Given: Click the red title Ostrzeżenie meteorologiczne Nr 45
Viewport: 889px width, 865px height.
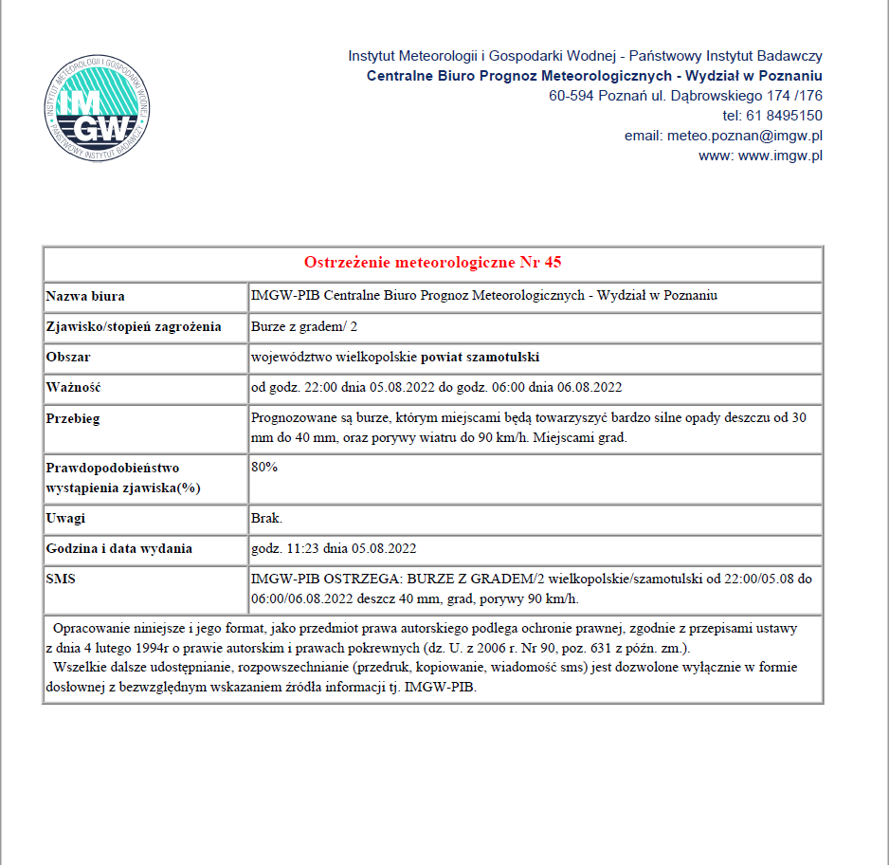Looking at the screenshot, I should coord(433,263).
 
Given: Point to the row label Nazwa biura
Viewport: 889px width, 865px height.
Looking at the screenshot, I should coord(85,296).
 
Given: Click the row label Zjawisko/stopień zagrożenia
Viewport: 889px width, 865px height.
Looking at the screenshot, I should coord(134,327).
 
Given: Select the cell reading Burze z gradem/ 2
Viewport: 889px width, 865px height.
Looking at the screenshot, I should coord(303,327).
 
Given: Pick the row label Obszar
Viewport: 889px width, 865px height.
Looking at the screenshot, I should coord(68,358).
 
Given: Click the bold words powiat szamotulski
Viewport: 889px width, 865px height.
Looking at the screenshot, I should coord(481,358).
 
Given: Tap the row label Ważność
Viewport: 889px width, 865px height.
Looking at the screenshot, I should coord(73,388).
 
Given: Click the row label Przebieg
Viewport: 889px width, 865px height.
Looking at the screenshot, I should coord(73,418).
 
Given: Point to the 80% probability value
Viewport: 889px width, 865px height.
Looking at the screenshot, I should coord(264,468).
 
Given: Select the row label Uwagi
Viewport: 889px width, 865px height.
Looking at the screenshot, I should coord(65,520).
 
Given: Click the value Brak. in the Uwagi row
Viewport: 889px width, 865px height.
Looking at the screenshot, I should coord(266,520).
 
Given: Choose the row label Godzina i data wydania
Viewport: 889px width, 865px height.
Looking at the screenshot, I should coord(119,549).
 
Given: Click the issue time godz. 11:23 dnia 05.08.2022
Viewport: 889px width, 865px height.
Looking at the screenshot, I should coord(334,549).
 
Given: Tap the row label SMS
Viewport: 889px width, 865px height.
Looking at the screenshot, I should coord(61,578).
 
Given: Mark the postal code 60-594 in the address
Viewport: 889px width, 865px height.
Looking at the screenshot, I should coord(573,96).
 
